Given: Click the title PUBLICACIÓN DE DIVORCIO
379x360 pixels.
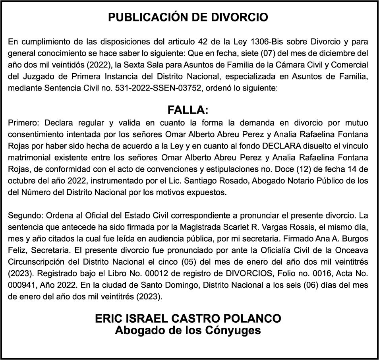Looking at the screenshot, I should point(188,18).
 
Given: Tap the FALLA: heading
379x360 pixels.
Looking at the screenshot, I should point(188,110).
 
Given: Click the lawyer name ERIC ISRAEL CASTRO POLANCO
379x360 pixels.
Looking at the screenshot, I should point(188,318).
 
